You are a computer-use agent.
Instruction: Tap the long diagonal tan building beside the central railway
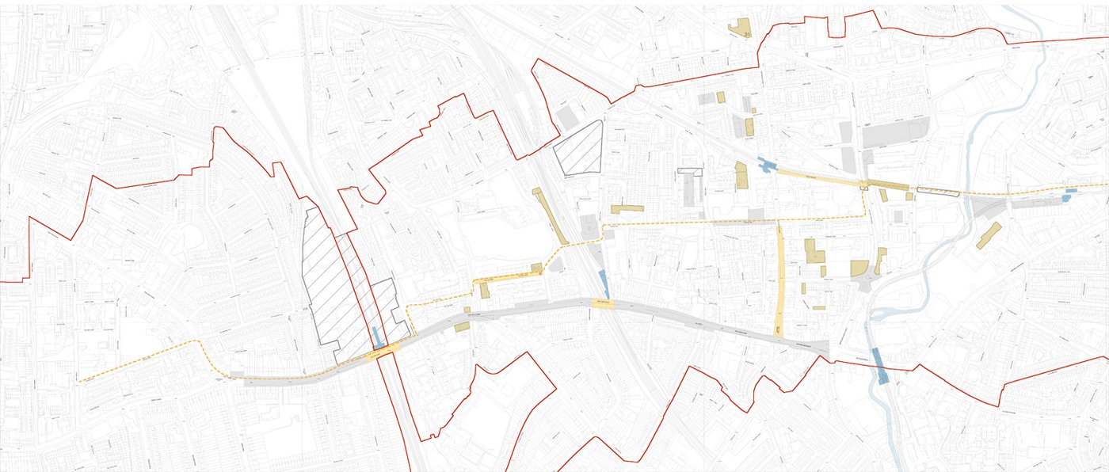[550, 215]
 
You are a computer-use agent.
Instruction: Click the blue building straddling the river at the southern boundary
[880, 365]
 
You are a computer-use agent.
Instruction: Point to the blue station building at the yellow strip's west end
[766, 164]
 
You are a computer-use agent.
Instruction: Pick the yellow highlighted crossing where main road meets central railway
[603, 303]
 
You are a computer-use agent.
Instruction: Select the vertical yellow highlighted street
[780, 280]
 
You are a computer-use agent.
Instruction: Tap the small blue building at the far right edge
[1072, 191]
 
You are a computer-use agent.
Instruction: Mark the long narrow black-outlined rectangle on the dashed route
[938, 190]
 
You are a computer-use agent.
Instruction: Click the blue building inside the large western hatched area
[376, 337]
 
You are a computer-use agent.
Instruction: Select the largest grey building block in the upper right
[896, 132]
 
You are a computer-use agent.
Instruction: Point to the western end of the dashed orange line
[80, 381]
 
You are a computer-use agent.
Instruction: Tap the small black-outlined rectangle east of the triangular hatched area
[690, 171]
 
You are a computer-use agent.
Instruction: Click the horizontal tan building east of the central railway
[627, 208]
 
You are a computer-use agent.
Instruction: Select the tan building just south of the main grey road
[459, 326]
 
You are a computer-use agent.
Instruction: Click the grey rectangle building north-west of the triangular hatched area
[566, 117]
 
